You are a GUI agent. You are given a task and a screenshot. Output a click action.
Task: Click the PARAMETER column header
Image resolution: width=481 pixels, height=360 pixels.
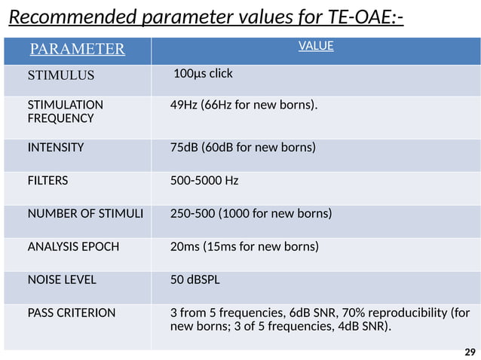76,50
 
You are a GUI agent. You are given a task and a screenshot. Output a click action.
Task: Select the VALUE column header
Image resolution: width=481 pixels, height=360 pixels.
316,47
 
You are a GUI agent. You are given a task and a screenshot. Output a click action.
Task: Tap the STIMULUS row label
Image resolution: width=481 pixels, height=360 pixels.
61,75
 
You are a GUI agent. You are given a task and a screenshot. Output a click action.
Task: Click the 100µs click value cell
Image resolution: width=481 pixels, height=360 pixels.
203,74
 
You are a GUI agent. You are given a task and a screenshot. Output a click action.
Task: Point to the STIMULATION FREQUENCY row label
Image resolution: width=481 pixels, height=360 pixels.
66,111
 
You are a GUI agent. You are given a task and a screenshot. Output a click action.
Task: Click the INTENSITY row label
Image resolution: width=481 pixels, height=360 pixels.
56,148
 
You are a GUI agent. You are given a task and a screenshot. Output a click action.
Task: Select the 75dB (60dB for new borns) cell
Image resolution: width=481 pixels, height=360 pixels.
243,148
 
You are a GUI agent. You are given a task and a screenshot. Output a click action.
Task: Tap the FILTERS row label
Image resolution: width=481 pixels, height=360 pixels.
47,181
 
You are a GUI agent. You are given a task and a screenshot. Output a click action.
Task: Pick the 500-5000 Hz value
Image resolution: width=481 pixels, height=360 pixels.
205,181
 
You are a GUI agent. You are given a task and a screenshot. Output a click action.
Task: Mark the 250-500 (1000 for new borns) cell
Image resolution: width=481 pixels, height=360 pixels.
251,213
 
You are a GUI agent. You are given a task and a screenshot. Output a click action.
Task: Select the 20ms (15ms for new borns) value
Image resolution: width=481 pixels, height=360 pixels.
245,246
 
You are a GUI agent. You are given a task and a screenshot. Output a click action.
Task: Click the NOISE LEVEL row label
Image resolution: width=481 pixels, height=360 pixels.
62,279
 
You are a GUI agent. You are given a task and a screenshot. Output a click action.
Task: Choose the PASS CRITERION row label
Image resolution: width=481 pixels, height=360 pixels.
72,313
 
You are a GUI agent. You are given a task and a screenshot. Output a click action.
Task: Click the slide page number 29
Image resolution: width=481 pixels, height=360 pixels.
470,352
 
